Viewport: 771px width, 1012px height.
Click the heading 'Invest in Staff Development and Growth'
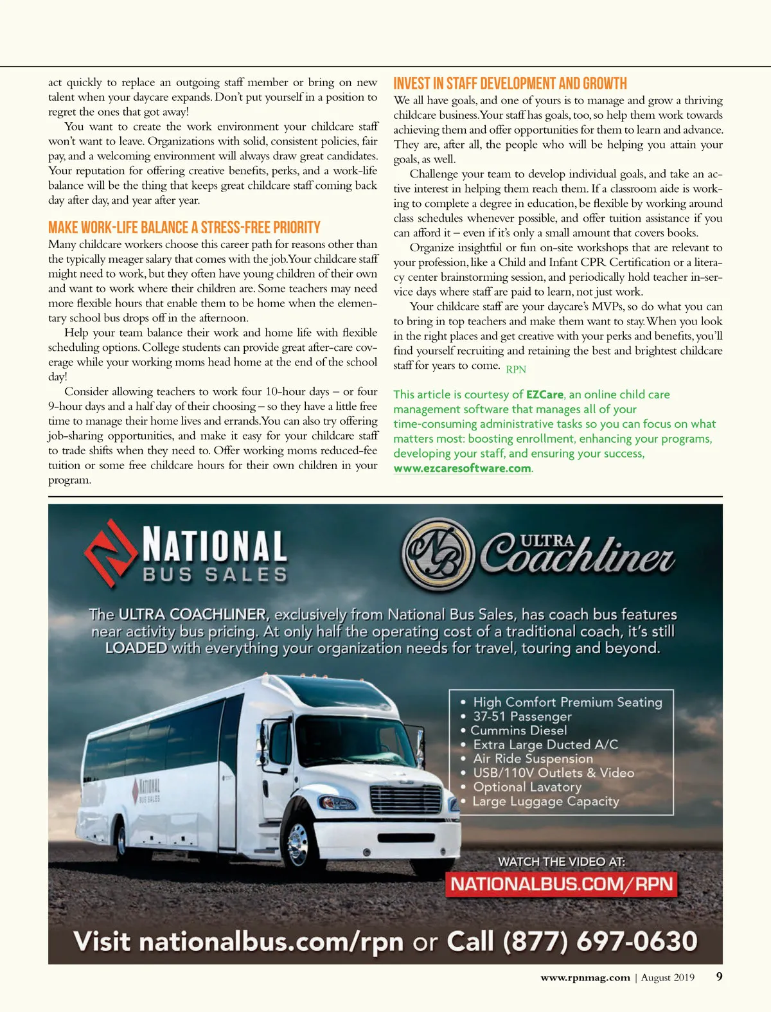(510, 84)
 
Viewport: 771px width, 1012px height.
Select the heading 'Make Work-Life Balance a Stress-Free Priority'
(184, 227)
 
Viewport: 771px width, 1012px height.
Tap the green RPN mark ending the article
(516, 369)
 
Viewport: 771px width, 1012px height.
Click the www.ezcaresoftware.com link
(462, 468)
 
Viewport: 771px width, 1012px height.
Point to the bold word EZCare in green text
(544, 395)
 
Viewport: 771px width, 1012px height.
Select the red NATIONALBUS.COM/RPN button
(562, 884)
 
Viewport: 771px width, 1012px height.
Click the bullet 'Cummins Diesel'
(518, 731)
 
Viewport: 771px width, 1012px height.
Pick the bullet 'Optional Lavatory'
(527, 787)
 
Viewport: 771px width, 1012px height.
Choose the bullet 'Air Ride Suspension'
(533, 759)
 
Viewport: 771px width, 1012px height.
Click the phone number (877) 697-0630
(600, 941)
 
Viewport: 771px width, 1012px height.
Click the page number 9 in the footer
(719, 977)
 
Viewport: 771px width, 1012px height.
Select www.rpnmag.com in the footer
(585, 977)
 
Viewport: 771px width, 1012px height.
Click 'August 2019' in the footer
(668, 977)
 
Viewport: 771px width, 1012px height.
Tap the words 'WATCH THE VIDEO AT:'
(561, 862)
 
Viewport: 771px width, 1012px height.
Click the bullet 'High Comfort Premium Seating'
(567, 702)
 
